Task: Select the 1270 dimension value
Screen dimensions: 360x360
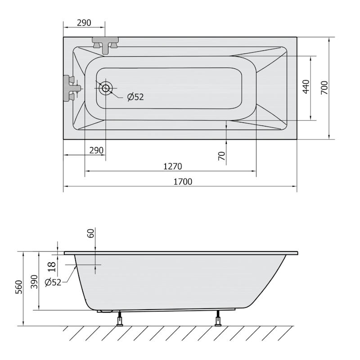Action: tap(172, 166)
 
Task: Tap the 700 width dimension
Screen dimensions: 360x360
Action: tap(324, 87)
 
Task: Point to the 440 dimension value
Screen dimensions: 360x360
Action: tap(306, 86)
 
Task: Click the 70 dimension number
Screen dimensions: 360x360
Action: tap(221, 156)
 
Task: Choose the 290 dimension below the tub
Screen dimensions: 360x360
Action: tap(96, 150)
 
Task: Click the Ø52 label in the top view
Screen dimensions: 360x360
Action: tap(135, 97)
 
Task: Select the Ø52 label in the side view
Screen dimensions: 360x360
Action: tap(53, 283)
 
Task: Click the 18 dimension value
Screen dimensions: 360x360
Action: tap(52, 266)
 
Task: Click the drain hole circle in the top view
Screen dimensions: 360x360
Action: tap(106, 88)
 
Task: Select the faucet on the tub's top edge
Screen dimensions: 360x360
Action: tap(105, 45)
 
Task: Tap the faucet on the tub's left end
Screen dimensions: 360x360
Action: tap(72, 88)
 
